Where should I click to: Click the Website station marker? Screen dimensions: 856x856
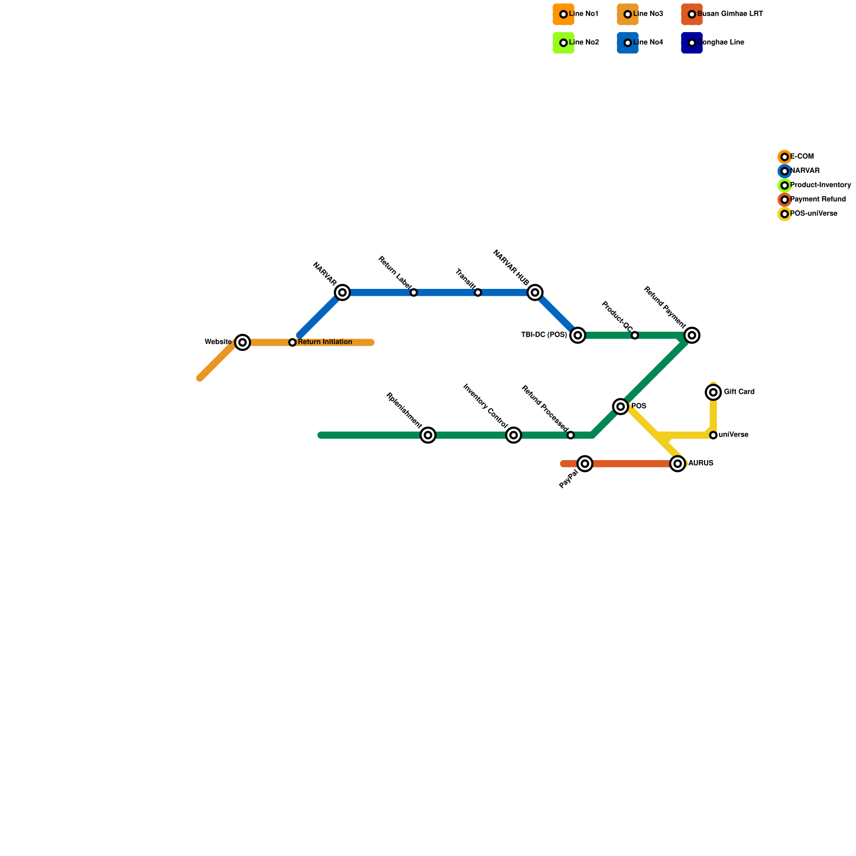pos(243,342)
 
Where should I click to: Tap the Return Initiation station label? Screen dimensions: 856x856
pos(325,342)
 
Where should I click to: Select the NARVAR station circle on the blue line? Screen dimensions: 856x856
pos(342,293)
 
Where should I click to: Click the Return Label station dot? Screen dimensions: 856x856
pos(414,293)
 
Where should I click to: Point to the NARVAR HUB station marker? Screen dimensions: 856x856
pos(535,293)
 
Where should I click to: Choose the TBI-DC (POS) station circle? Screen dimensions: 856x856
pos(578,335)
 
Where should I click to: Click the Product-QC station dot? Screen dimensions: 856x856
pos(635,335)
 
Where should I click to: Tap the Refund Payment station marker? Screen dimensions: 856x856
pos(692,335)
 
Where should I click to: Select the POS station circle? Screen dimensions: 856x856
pos(621,407)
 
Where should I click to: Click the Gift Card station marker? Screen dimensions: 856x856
pos(713,393)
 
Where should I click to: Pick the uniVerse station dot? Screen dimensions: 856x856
pos(713,435)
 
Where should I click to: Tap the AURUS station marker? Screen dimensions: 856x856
pos(678,464)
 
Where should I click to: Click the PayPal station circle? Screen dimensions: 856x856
pos(585,464)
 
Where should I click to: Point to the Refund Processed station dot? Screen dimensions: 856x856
pos(571,435)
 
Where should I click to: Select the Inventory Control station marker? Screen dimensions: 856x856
pos(514,435)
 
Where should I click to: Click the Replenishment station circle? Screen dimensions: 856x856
pos(428,435)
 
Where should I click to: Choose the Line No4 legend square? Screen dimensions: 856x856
pos(628,43)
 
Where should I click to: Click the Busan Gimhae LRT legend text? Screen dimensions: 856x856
pos(730,14)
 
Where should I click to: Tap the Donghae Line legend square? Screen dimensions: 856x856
pos(692,43)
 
